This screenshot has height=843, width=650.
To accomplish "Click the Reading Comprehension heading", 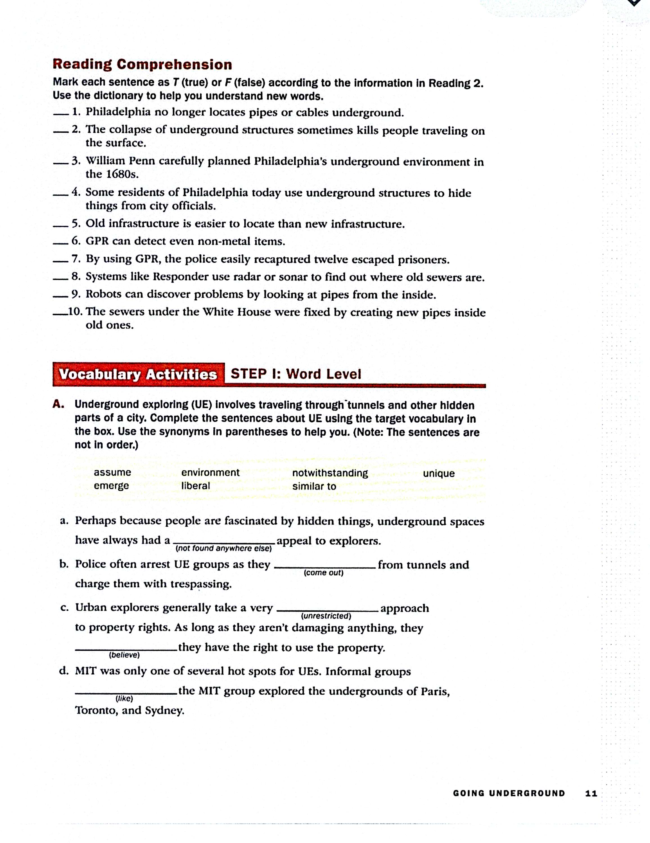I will [142, 64].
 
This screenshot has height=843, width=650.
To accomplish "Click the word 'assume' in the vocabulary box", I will [112, 472].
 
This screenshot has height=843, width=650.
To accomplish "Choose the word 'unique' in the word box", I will [439, 473].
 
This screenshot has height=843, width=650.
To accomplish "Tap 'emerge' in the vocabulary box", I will [111, 486].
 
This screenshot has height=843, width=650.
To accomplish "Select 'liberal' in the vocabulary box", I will [195, 486].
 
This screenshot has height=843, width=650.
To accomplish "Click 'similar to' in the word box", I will [314, 486].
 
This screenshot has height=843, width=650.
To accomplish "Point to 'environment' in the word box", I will [211, 472].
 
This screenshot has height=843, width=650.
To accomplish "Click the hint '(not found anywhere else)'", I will [224, 549].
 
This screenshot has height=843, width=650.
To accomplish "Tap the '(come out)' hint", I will [324, 573].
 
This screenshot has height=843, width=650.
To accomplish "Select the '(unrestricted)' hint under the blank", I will [326, 616].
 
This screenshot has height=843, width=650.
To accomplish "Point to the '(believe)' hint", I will [124, 655].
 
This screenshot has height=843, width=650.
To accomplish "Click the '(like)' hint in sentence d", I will [124, 699].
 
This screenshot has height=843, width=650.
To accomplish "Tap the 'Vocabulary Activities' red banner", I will [138, 374].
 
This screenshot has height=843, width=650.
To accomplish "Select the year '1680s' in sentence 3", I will [122, 174].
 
